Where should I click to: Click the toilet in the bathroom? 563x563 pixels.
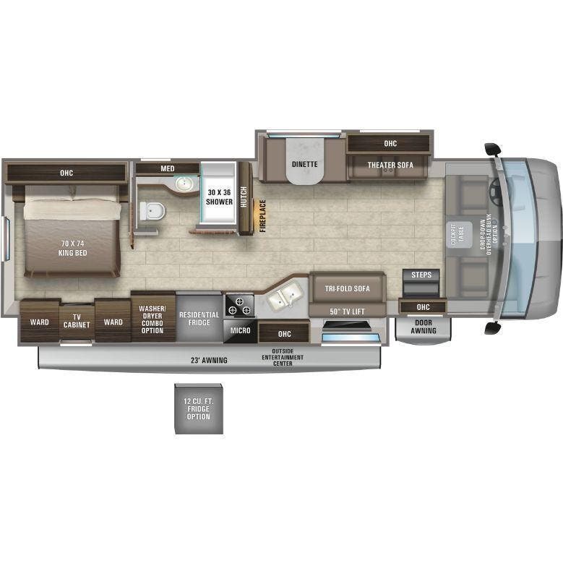[153, 210]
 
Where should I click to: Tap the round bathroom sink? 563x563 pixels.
[184, 184]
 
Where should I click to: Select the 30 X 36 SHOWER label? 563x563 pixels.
[220, 197]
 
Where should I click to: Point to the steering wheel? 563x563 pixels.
[496, 191]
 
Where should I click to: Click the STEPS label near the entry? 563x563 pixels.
[421, 275]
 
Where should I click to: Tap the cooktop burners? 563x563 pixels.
[239, 305]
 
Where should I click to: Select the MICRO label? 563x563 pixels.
[240, 330]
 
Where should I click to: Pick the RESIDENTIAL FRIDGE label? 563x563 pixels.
[199, 319]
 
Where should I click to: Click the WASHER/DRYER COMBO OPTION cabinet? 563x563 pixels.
[152, 319]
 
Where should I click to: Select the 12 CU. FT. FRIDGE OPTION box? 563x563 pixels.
[198, 409]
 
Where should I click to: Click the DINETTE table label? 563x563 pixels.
[304, 164]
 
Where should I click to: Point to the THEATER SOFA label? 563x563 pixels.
[390, 165]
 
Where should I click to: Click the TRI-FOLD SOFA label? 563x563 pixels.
[347, 288]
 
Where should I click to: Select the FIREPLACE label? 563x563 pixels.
[263, 215]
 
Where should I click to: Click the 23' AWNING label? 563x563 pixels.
[210, 360]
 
